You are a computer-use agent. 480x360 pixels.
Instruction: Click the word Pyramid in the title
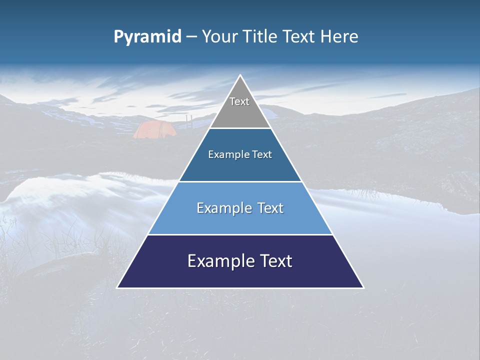pyautogui.click(x=147, y=37)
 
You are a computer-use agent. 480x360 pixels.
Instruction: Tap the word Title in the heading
pyautogui.click(x=261, y=37)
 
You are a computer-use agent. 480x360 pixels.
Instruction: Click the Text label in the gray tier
pyautogui.click(x=239, y=101)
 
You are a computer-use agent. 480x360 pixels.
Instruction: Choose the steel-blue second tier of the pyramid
pyautogui.click(x=240, y=167)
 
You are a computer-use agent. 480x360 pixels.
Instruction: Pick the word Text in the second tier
pyautogui.click(x=262, y=155)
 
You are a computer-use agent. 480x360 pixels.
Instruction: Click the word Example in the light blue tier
pyautogui.click(x=223, y=208)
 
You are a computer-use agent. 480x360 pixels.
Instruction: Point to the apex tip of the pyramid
pyautogui.click(x=240, y=76)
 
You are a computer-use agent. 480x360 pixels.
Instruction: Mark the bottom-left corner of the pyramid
pyautogui.click(x=118, y=287)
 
